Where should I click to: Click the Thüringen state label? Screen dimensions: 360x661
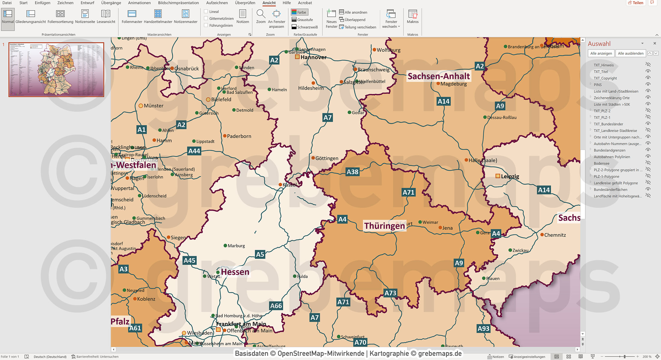384,226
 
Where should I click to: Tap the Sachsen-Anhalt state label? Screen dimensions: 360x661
438,76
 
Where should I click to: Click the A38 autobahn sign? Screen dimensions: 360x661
352,172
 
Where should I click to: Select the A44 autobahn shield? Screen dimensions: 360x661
194,151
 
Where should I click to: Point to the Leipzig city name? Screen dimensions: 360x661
510,177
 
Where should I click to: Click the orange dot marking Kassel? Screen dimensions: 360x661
280,185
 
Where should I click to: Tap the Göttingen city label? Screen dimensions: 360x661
327,158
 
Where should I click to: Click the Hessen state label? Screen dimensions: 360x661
235,272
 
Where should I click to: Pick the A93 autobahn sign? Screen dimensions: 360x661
483,328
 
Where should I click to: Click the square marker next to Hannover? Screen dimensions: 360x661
297,57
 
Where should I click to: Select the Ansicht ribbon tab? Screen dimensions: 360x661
269,3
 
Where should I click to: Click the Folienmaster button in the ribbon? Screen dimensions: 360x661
132,17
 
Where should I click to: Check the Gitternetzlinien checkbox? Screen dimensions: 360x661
206,18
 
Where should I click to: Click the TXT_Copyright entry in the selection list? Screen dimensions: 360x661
605,78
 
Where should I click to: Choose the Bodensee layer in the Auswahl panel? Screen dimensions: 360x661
602,163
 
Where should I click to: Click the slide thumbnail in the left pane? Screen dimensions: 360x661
56,69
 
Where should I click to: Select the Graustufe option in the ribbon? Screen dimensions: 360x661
302,20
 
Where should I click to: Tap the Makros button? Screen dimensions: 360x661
413,17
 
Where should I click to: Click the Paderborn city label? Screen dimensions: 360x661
239,136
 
